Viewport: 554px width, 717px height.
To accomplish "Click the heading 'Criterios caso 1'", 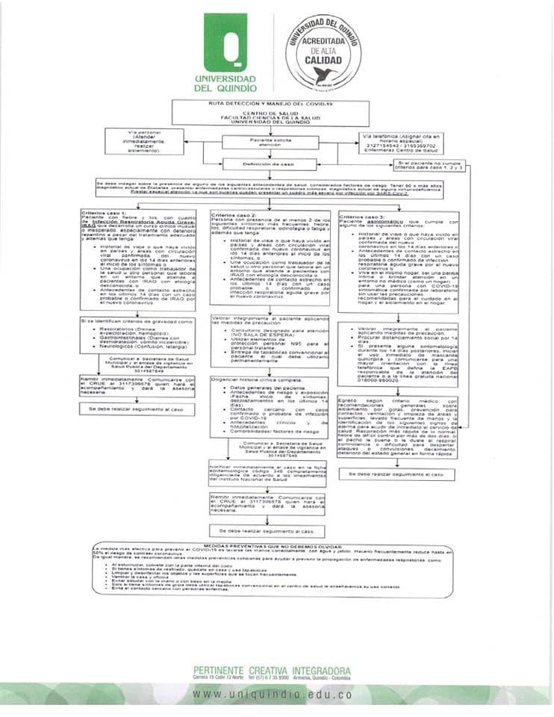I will pos(105,213).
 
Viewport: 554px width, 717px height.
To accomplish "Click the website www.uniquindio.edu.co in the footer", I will pos(272,694).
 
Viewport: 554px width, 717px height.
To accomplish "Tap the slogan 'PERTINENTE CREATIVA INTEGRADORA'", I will pos(272,670).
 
